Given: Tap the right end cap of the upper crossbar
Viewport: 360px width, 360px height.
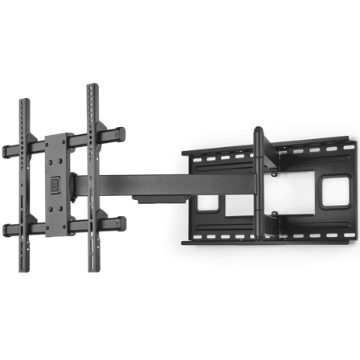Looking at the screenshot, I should click(x=122, y=129).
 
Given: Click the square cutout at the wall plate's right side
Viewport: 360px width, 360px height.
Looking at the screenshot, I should click(x=330, y=190).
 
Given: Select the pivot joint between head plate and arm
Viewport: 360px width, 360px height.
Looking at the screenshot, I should click(x=76, y=184).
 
